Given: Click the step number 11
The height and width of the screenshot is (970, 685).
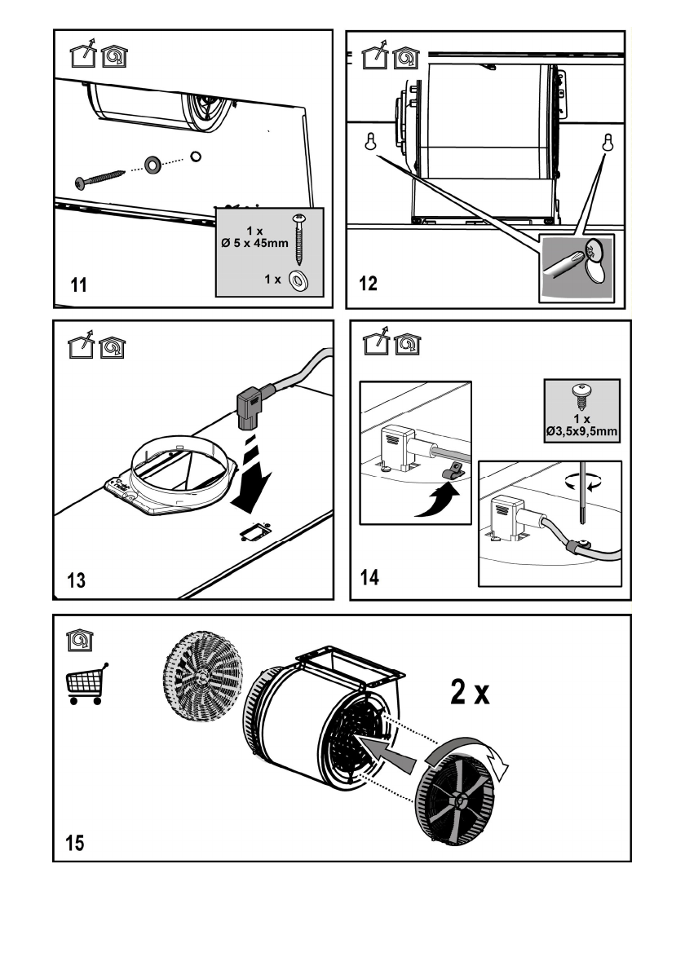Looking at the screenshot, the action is [78, 285].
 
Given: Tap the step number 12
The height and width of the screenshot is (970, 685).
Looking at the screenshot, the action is [368, 284].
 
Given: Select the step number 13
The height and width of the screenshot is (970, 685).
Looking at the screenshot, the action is [76, 580].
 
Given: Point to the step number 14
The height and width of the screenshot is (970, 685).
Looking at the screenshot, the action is [369, 577].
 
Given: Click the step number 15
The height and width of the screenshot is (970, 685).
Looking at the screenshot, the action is [75, 843].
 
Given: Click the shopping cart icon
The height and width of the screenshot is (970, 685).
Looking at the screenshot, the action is [86, 684].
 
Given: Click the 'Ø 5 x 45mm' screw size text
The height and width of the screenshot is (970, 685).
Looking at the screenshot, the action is [255, 243].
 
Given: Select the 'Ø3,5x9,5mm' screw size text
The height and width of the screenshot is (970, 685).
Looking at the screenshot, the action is [581, 431].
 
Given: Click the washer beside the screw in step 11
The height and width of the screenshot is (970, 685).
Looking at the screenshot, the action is [152, 165].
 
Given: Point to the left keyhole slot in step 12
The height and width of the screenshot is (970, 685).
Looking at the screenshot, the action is [371, 142].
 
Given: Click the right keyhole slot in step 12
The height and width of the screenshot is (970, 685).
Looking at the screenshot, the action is [608, 143].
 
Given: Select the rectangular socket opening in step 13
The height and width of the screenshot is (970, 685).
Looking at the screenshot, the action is [255, 531].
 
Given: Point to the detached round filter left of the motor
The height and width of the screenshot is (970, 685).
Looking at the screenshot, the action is [202, 677].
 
